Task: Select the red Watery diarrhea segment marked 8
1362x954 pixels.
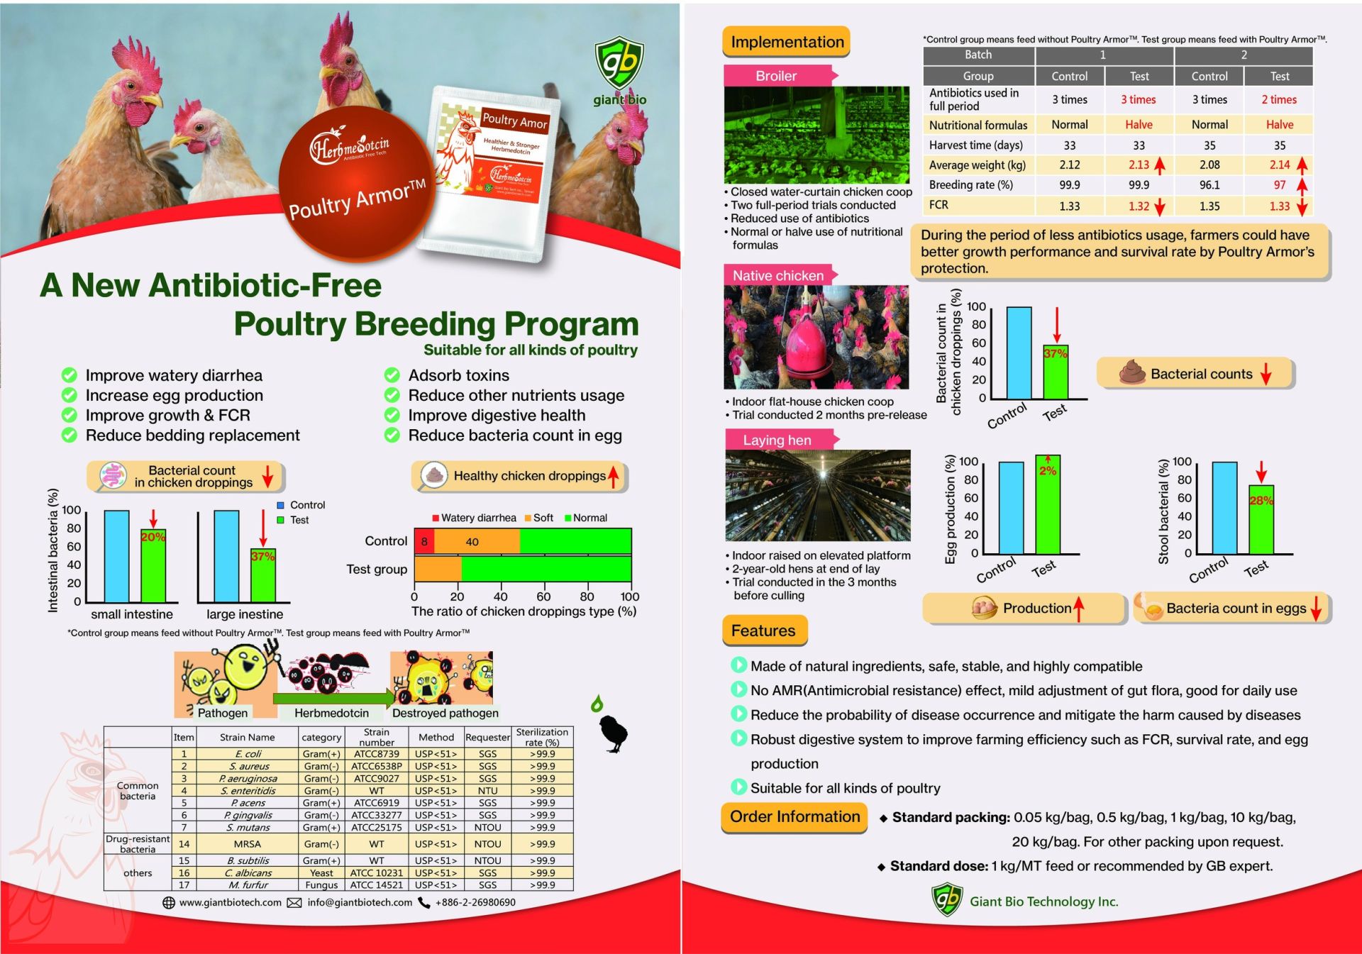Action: point(424,541)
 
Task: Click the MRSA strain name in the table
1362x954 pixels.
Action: point(248,844)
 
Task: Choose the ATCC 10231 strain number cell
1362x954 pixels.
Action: point(376,873)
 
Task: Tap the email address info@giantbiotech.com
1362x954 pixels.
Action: point(360,902)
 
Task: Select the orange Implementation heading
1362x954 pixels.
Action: point(787,43)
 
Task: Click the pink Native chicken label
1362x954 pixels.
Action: point(777,275)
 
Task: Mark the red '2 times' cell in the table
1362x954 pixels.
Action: point(1278,100)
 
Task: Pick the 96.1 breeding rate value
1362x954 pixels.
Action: point(1209,185)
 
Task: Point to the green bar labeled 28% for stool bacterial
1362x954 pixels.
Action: point(1261,519)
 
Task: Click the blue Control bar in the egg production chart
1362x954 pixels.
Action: point(1011,507)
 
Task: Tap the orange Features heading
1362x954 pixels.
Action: point(763,631)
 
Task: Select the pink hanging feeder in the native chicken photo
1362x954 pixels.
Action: point(806,344)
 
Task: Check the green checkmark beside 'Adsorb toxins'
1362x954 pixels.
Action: point(392,375)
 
